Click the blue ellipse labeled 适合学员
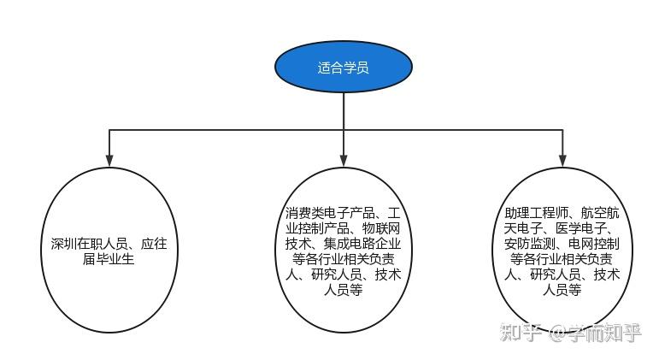point(344,67)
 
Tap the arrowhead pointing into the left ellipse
point(109,160)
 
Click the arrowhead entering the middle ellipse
point(344,160)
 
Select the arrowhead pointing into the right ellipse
point(562,160)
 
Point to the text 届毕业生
point(109,258)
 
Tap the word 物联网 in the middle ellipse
point(381,228)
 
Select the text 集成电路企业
point(362,244)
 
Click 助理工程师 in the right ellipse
point(536,213)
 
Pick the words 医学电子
point(581,228)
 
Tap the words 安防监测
point(530,244)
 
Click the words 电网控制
point(594,244)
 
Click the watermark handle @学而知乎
point(595,333)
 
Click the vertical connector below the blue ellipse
point(344,111)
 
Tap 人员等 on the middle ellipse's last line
point(344,290)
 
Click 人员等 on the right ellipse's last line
point(562,290)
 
